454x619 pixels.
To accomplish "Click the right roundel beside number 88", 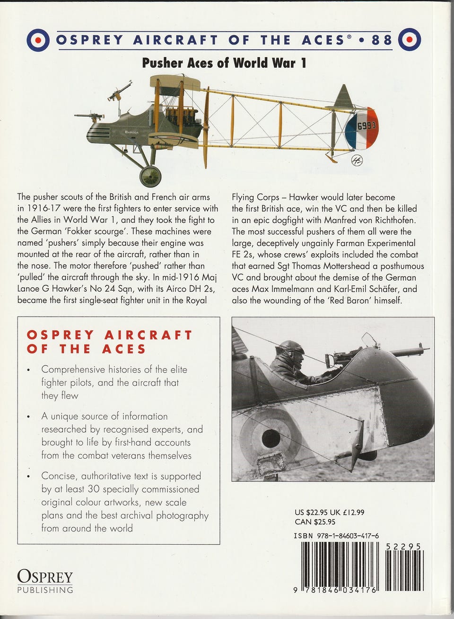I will (409, 40).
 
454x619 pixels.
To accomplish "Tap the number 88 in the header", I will (382, 40).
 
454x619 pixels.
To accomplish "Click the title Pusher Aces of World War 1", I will (224, 63).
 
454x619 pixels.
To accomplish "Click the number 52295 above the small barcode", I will (403, 546).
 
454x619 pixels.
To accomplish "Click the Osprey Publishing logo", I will (45, 581).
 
